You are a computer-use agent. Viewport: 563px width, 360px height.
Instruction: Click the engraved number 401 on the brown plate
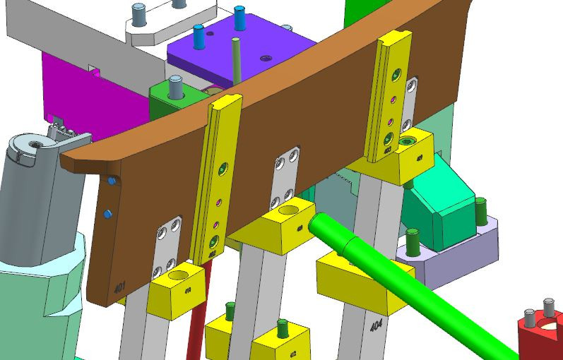(120, 288)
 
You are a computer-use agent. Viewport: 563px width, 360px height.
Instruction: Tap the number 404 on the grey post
(376, 326)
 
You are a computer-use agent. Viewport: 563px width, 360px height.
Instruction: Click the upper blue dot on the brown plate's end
(112, 181)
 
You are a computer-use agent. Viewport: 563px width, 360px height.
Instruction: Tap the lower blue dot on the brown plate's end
(107, 213)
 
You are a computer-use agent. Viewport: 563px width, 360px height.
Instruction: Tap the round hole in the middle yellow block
(290, 210)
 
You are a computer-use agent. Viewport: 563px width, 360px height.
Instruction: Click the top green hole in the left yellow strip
(224, 168)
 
